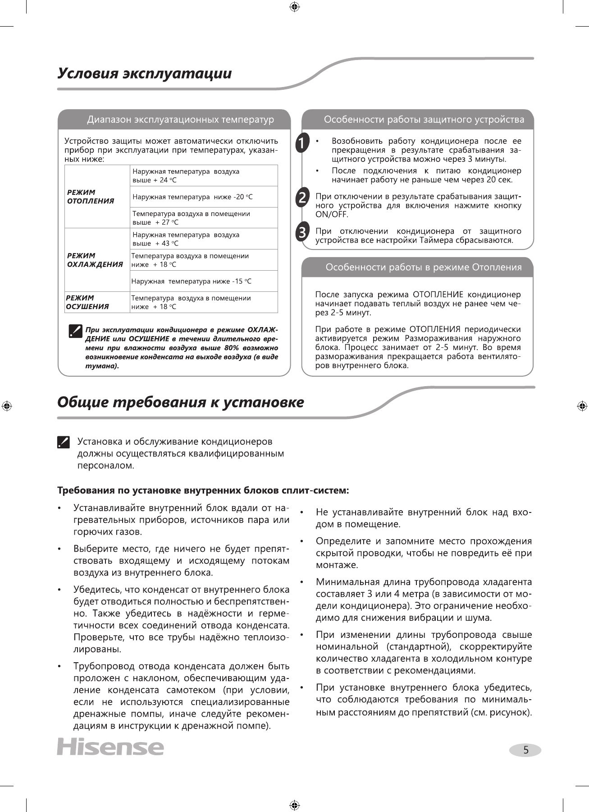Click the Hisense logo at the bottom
pyautogui.click(x=110, y=747)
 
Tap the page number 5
pyautogui.click(x=525, y=750)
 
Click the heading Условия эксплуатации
pyautogui.click(x=145, y=74)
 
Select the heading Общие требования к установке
pyautogui.click(x=181, y=402)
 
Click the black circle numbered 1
pyautogui.click(x=302, y=143)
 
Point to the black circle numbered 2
pyautogui.click(x=302, y=197)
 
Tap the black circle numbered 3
pyautogui.click(x=302, y=232)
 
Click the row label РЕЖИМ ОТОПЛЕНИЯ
pyautogui.click(x=91, y=197)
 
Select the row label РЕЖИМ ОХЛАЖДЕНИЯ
pyautogui.click(x=95, y=260)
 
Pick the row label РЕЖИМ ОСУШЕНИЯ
pyautogui.click(x=87, y=302)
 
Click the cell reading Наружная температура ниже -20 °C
pyautogui.click(x=192, y=197)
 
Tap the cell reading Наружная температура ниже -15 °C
pyautogui.click(x=191, y=281)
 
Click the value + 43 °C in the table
pyautogui.click(x=167, y=244)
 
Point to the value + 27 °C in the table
pyautogui.click(x=167, y=222)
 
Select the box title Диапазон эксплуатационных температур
pyautogui.click(x=180, y=120)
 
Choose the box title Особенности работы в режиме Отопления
pyautogui.click(x=424, y=268)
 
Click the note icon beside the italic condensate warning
pyautogui.click(x=75, y=331)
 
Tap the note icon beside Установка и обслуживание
pyautogui.click(x=64, y=442)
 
